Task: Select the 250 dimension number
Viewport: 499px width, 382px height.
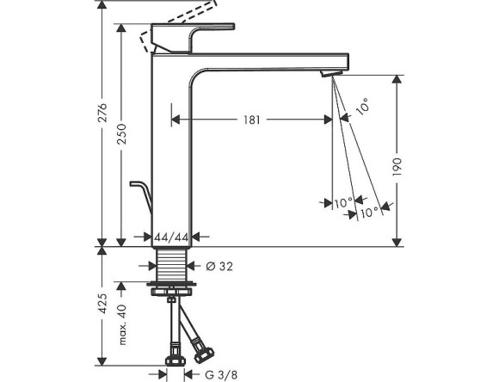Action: [x=124, y=134]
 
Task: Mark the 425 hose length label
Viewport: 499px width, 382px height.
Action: [x=103, y=308]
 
